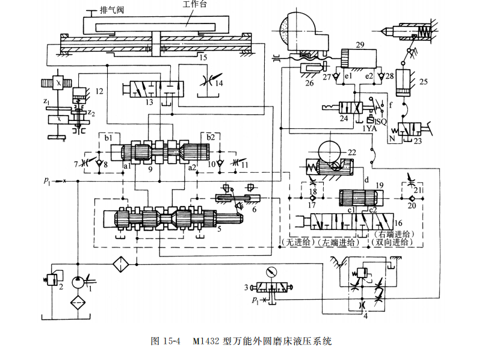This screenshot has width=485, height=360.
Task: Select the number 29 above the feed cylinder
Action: (360, 45)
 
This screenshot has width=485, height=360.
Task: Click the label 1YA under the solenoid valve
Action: (370, 128)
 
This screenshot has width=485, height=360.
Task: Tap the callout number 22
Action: (351, 154)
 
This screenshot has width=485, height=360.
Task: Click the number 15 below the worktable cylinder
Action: (204, 58)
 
